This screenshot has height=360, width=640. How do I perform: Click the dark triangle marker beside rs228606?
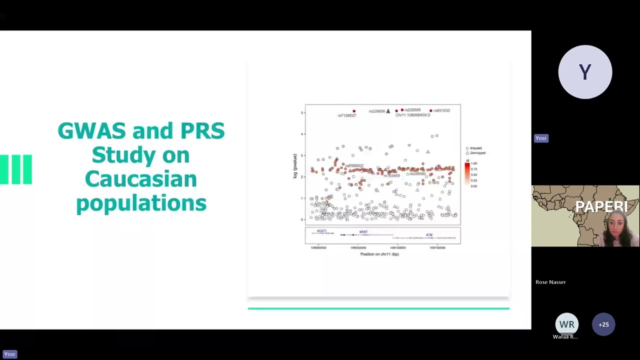coord(388,111)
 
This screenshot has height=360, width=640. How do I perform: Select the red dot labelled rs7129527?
coord(354,111)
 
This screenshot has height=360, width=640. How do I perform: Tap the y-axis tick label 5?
coord(302,112)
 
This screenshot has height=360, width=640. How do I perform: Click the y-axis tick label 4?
coord(302,134)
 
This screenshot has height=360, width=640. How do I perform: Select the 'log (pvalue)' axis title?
coord(295,166)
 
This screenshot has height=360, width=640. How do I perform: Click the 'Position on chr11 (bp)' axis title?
coord(379,254)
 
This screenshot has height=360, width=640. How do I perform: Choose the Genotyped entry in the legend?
coord(476,153)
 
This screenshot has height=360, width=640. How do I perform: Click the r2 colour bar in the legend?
coord(467,174)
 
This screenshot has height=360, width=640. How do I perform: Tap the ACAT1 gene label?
coord(321,231)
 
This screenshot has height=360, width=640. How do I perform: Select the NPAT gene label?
coord(363,232)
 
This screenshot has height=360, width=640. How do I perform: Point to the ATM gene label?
coord(429,234)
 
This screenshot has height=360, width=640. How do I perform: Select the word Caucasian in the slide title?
coord(141,179)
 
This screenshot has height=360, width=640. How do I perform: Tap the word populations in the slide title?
coord(141,203)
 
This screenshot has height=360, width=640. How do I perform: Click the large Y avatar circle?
coord(585,72)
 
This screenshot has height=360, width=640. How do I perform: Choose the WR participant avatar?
coord(566,324)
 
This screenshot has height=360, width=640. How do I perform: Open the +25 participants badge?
coord(603,324)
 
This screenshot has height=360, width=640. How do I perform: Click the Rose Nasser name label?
coord(550,282)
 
